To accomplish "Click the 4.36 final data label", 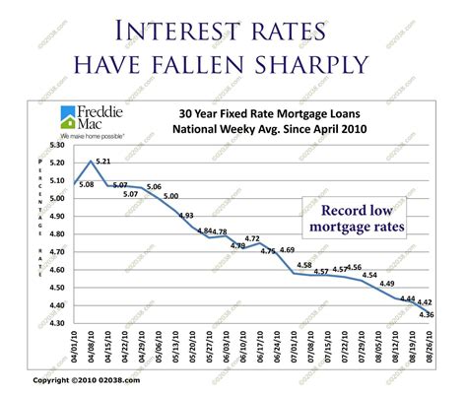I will click(x=427, y=314).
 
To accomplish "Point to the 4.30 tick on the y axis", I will click(x=57, y=323).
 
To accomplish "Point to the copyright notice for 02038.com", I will click(x=87, y=379).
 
